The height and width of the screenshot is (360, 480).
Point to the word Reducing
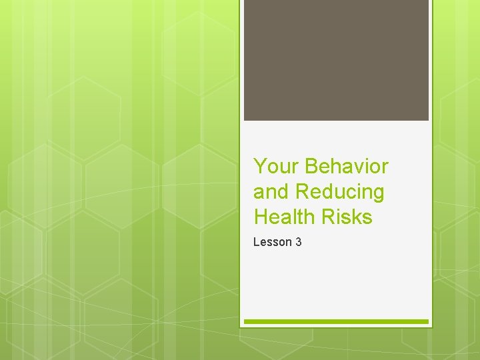tap(340, 192)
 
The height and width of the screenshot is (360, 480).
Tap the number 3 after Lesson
tap(298, 242)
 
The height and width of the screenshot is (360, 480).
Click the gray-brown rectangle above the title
tap(336, 60)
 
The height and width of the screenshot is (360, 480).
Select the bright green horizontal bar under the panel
tap(336, 321)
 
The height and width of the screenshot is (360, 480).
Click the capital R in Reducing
tap(302, 191)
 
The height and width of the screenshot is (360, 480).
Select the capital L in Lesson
tap(256, 242)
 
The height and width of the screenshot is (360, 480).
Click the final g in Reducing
tap(378, 194)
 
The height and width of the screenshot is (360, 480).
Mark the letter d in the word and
tap(283, 191)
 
